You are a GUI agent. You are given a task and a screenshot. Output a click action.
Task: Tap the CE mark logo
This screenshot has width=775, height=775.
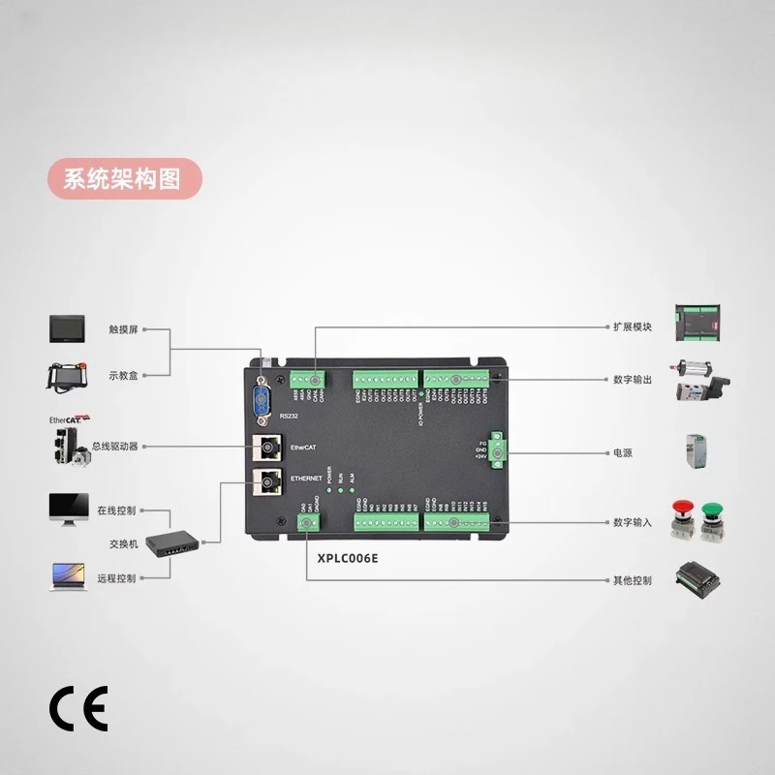pos(79,708)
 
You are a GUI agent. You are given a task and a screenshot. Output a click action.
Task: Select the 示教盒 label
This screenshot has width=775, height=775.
pos(123,375)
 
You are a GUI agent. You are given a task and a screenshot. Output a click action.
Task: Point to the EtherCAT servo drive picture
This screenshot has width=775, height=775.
pos(68,447)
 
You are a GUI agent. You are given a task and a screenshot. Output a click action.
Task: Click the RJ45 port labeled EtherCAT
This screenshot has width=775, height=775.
pos(266,448)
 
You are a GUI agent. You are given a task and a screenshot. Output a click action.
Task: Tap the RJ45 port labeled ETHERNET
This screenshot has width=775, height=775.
pos(266,480)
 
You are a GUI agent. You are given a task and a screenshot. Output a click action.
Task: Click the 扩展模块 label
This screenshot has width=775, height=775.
pos(632,327)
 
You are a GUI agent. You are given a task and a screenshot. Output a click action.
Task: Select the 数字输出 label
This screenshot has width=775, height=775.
pos(632,380)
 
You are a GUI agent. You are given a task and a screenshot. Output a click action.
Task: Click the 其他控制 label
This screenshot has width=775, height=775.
pos(632,580)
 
